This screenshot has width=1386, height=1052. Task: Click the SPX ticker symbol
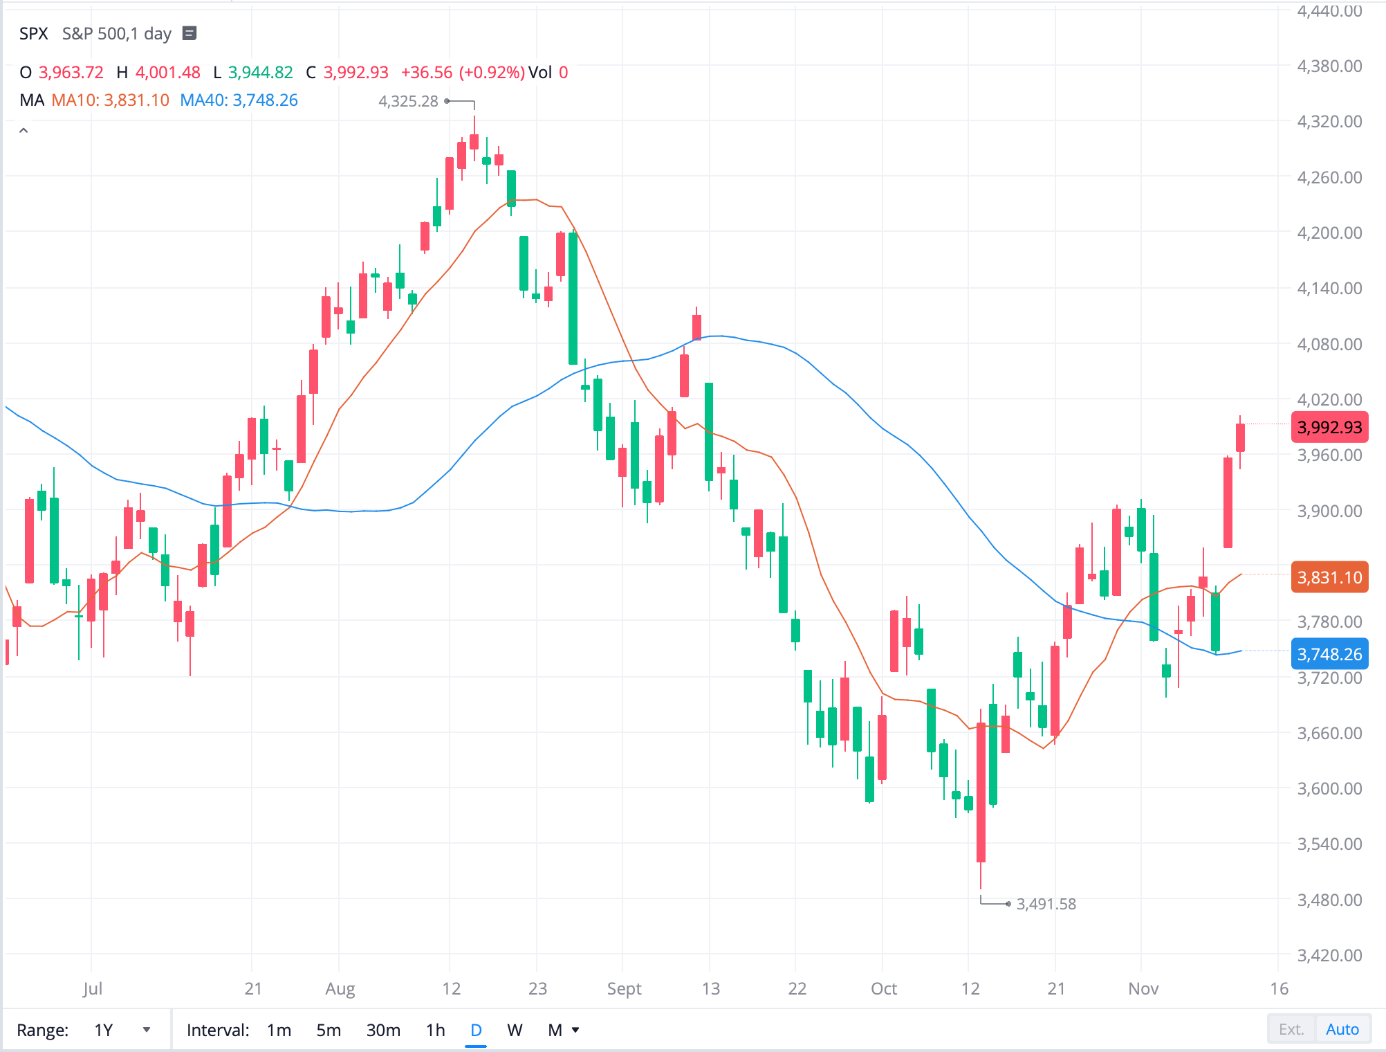[x=33, y=33]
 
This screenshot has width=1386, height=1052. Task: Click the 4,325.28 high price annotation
[x=408, y=101]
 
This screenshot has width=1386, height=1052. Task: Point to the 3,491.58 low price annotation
[x=1046, y=904]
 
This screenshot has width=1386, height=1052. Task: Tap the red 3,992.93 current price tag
[x=1329, y=427]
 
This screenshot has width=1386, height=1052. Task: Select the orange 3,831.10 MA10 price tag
[x=1329, y=577]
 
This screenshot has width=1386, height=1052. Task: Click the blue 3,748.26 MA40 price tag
[x=1329, y=654]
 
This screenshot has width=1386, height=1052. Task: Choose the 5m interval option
[x=329, y=1030]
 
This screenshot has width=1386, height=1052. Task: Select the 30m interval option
[x=383, y=1030]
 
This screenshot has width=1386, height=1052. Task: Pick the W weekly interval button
[x=515, y=1030]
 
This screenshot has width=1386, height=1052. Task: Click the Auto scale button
[x=1342, y=1029]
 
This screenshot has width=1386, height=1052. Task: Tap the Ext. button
[x=1291, y=1029]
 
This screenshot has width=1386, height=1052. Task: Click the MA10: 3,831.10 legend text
[x=111, y=100]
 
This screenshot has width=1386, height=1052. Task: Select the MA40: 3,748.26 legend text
[x=239, y=100]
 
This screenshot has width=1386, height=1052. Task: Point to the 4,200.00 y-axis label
[x=1329, y=233]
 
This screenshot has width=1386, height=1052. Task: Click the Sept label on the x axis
[x=624, y=988]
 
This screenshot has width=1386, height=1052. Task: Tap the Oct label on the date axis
[x=883, y=988]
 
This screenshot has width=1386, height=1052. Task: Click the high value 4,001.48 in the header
[x=167, y=73]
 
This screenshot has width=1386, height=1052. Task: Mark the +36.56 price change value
[x=426, y=73]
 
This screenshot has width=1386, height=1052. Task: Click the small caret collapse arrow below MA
[x=24, y=130]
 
